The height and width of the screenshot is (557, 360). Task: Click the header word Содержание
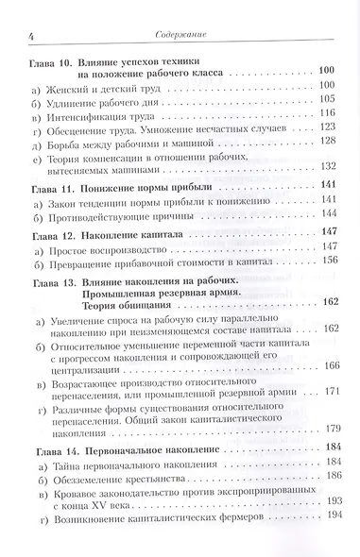click(184, 36)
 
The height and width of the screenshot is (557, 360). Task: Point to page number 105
click(328, 98)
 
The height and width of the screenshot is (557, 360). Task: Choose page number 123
click(328, 127)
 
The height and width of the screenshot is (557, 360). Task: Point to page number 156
click(328, 261)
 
